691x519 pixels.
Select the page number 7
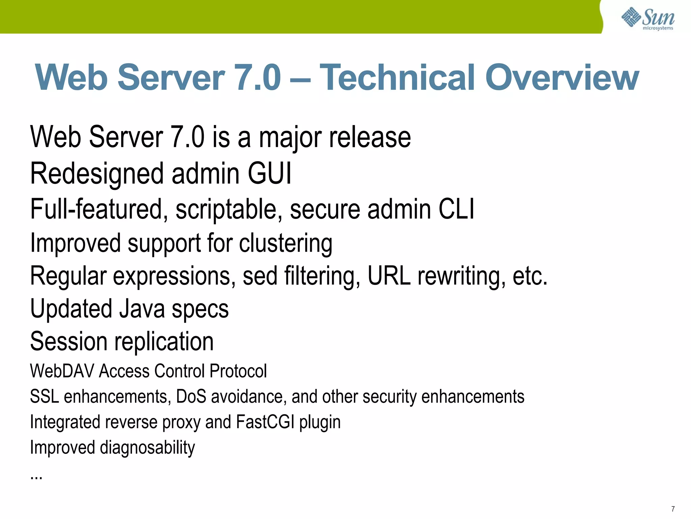(673, 509)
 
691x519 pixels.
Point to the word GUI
(269, 174)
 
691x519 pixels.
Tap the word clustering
(286, 244)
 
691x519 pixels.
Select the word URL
(389, 276)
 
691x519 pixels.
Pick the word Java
(142, 308)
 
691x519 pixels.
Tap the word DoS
(191, 396)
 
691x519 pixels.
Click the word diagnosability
(147, 448)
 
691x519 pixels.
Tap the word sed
(260, 276)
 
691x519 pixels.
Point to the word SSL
(44, 396)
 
